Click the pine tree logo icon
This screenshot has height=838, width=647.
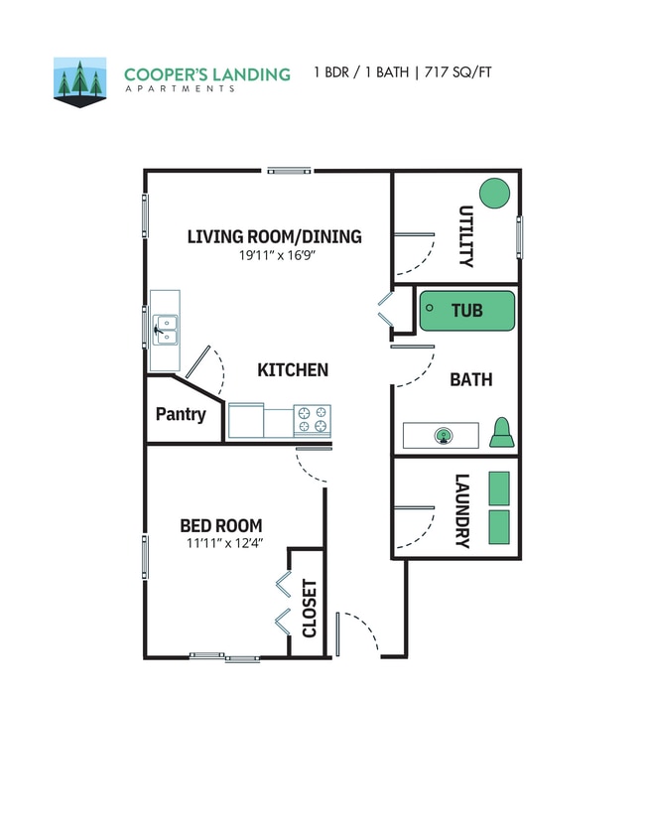[x=79, y=81]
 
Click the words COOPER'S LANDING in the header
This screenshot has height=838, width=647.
[x=206, y=73]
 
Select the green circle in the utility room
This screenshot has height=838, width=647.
[x=494, y=193]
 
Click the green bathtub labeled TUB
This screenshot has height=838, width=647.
[x=467, y=311]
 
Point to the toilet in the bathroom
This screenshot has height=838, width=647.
[x=502, y=433]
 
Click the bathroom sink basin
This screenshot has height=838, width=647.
[x=441, y=435]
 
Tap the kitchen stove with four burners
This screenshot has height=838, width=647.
[x=312, y=420]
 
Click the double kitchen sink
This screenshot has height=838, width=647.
[x=165, y=329]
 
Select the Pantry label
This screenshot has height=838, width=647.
[x=181, y=414]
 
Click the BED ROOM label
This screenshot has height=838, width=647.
[x=221, y=525]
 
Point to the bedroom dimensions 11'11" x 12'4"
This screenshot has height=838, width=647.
[x=221, y=543]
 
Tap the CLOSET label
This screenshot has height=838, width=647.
[x=309, y=608]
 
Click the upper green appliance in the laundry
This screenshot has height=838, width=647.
[x=500, y=489]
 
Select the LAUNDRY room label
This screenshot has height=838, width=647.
[x=461, y=510]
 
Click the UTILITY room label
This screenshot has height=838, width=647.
[x=464, y=236]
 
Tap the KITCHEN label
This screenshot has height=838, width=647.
[x=293, y=369]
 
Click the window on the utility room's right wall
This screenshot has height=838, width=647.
[x=519, y=236]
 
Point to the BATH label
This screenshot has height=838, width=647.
[x=470, y=379]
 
